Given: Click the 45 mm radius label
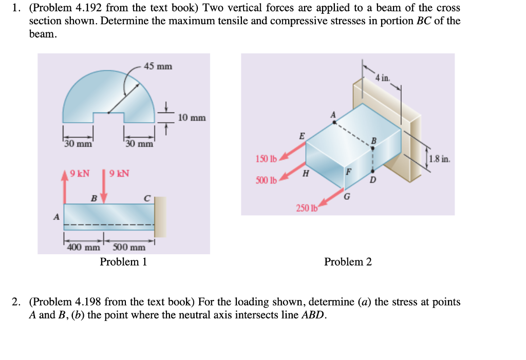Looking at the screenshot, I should coord(158,66).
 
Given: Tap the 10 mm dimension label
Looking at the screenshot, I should coord(192,118).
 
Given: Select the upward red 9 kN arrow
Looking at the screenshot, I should coord(65,187).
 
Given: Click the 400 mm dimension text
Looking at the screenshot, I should coord(84,247).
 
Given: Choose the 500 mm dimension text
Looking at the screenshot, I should coord(128,247).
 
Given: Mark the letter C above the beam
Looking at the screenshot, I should coord(147,198).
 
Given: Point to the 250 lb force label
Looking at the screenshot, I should coord(306,208).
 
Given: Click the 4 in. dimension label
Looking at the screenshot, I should coord(383,78).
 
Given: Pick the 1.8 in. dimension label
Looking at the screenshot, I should coord(441,159).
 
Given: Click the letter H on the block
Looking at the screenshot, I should coord(306,174).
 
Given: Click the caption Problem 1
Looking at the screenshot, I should coord(123,262).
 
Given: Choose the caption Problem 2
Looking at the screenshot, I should coord(348,262).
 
